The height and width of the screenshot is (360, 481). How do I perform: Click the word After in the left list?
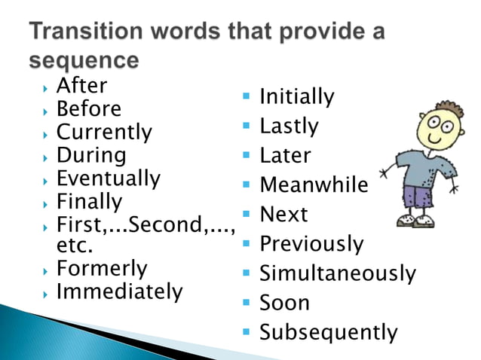[82, 86]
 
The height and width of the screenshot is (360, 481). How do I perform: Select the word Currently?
[104, 133]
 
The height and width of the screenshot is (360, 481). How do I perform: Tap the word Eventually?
[108, 179]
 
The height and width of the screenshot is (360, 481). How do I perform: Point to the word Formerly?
[102, 269]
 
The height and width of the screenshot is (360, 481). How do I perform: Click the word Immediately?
[119, 291]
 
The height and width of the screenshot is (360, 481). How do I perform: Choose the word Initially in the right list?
[296, 97]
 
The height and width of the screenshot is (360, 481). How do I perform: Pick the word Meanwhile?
[314, 185]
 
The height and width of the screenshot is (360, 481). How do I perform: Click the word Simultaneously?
[337, 273]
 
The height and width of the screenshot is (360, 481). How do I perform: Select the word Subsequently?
[328, 332]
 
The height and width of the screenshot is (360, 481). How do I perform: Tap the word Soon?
[284, 303]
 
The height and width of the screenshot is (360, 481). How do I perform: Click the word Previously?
[311, 244]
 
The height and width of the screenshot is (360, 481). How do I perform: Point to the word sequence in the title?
[84, 60]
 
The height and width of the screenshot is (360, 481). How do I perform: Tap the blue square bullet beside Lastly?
[246, 125]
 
